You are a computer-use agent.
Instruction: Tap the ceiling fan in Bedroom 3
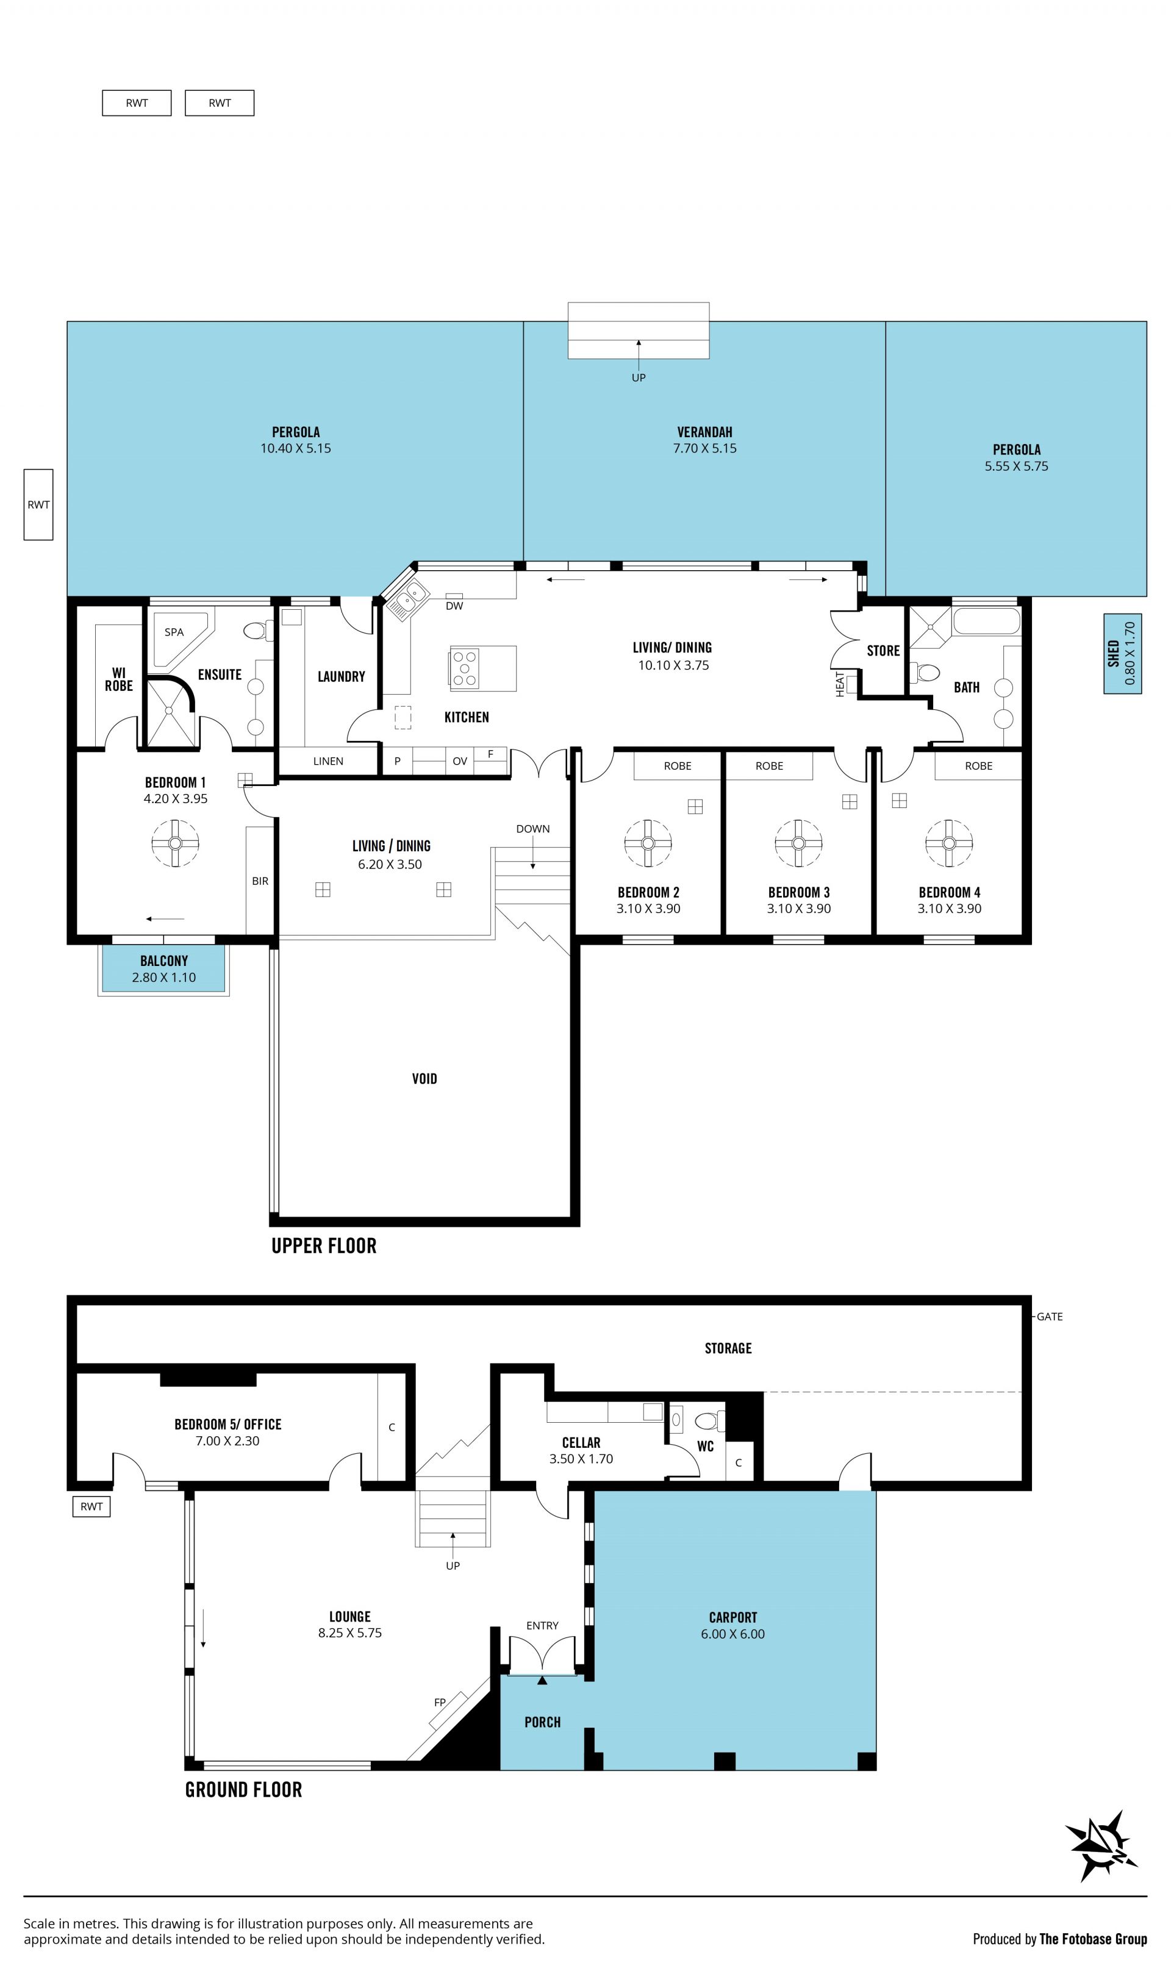point(798,843)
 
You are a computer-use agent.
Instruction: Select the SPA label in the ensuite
point(174,632)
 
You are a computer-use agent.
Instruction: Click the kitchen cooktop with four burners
point(465,668)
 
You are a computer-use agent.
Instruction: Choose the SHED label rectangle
point(1122,654)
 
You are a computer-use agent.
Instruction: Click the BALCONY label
point(164,960)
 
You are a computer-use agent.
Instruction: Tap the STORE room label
point(883,650)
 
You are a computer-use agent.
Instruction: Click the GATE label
point(1050,1316)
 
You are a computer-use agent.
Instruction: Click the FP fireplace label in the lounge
point(440,1702)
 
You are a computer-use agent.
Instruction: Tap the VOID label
point(424,1079)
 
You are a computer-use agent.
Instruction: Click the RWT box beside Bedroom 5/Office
point(91,1506)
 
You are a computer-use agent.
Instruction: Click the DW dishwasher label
point(454,606)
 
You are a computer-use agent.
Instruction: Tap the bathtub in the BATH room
point(986,620)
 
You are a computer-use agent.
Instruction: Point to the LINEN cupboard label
point(328,762)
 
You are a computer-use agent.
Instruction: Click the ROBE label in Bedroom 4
point(978,766)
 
